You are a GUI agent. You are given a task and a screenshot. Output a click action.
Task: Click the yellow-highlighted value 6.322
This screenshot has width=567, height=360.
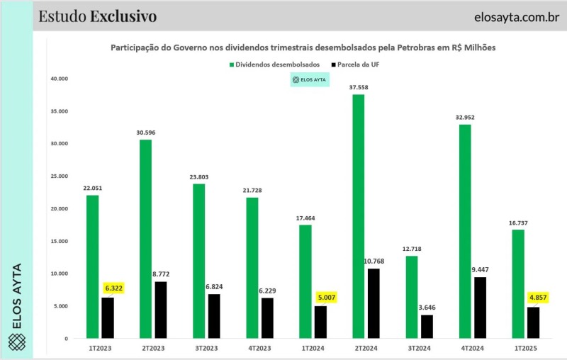tap(113, 289)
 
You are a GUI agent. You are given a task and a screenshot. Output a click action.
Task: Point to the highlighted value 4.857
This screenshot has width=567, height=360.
tap(538, 298)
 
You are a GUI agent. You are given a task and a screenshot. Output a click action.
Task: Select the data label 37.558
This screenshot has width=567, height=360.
tap(358, 87)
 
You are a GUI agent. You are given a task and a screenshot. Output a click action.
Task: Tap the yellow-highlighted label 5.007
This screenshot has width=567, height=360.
tap(325, 298)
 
